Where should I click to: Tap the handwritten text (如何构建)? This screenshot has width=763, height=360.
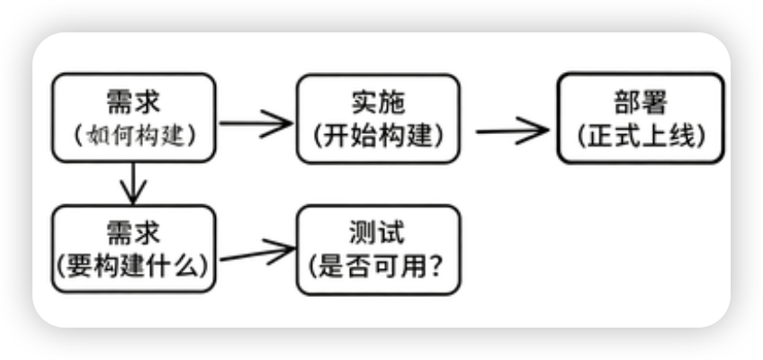tap(133, 134)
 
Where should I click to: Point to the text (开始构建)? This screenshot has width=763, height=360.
tap(378, 134)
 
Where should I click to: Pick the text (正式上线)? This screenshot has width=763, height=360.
tap(640, 134)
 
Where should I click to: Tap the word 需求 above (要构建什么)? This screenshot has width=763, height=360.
tap(133, 232)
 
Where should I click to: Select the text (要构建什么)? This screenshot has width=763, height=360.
tap(133, 265)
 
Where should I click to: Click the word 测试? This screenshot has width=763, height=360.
tap(378, 232)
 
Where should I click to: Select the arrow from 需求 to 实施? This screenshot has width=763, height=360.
tap(256, 123)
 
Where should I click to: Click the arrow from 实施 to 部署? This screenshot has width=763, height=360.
tap(511, 130)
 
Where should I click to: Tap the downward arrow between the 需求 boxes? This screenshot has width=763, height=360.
tap(133, 184)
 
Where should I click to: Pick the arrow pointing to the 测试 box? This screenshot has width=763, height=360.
tap(256, 253)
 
